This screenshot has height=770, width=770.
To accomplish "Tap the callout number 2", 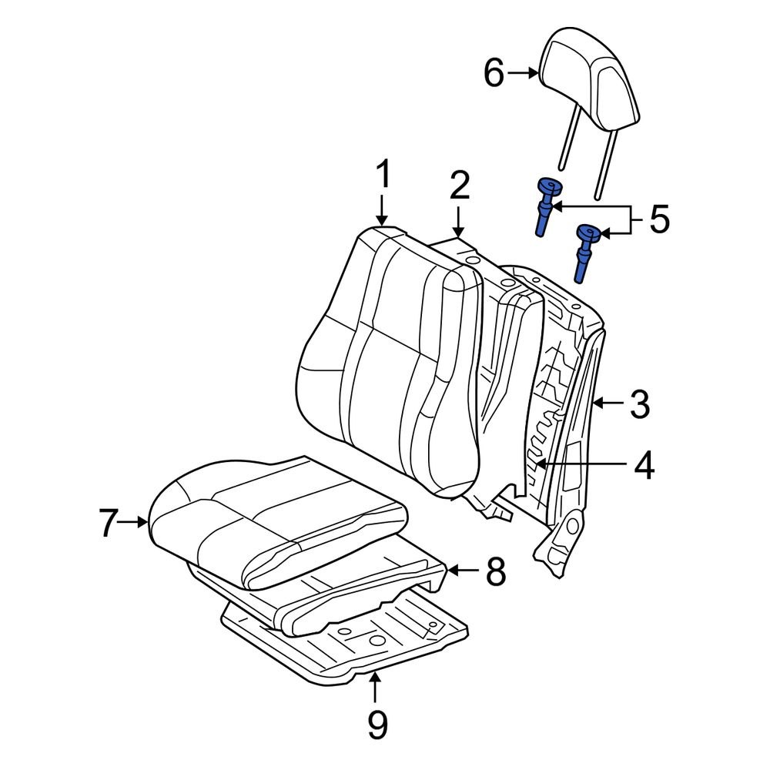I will [x=459, y=187].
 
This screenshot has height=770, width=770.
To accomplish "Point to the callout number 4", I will [x=644, y=465].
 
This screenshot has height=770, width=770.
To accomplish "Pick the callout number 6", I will [x=494, y=74].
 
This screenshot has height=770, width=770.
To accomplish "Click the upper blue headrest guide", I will [x=547, y=204].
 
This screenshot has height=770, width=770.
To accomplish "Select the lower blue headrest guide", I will [x=587, y=250].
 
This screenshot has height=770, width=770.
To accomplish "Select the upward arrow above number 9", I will [x=375, y=685].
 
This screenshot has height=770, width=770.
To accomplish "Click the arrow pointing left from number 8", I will [x=461, y=571].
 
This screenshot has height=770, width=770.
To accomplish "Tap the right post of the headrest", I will [x=606, y=162].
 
